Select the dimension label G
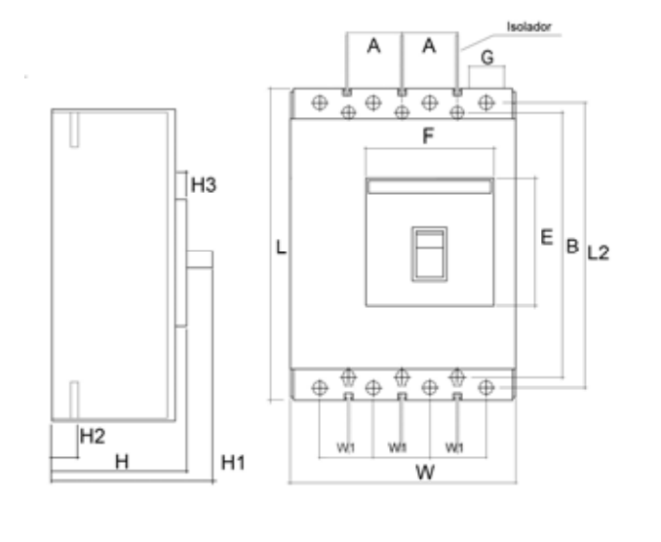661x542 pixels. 487,55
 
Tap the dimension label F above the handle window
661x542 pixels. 427,137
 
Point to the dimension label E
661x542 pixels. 546,237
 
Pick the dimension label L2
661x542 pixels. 598,252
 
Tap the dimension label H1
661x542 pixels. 233,461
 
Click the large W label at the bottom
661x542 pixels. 424,473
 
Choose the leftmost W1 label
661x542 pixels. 345,447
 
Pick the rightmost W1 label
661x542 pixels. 453,447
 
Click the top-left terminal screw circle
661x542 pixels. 318,101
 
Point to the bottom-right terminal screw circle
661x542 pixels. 485,388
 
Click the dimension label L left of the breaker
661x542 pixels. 280,248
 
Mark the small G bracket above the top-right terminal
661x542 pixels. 486,75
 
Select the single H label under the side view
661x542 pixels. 123,462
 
